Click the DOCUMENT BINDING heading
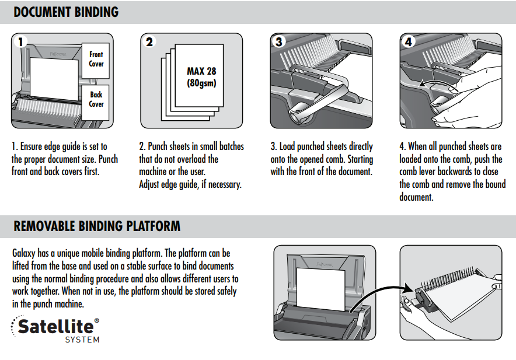click(66, 12)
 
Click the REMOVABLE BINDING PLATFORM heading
click(97, 226)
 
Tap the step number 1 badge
click(21, 42)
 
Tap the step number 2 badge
click(149, 42)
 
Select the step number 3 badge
click(279, 42)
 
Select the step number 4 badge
click(408, 42)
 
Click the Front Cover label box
click(96, 59)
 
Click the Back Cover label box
click(96, 99)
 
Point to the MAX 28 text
click(201, 71)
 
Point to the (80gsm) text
click(201, 83)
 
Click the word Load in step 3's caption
click(289, 146)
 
